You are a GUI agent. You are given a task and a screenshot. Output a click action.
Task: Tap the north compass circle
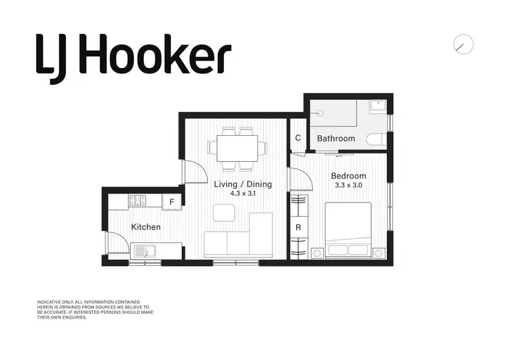coord(463,44)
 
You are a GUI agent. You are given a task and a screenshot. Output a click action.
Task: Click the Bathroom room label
coord(336,139)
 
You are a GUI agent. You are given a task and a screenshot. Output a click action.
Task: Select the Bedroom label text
coord(348,176)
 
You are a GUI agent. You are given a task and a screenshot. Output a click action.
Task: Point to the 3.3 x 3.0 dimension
coord(348,185)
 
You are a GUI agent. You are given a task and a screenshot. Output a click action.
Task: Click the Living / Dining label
coord(242,184)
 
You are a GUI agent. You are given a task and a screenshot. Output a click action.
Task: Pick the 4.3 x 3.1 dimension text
coord(242,194)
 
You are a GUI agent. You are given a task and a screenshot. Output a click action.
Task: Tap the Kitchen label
coord(146,227)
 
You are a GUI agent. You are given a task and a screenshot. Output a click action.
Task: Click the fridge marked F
coord(172,202)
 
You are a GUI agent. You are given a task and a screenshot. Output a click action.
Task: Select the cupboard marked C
coord(298,139)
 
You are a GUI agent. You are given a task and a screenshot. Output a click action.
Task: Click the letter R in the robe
coord(298,228)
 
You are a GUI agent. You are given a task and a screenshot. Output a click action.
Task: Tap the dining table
coord(238,147)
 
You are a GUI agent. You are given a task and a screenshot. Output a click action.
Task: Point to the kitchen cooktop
coord(138,200)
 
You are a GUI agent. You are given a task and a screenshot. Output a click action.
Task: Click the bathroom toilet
coord(375,139)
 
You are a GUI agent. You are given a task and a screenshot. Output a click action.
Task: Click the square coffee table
coord(223,213)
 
